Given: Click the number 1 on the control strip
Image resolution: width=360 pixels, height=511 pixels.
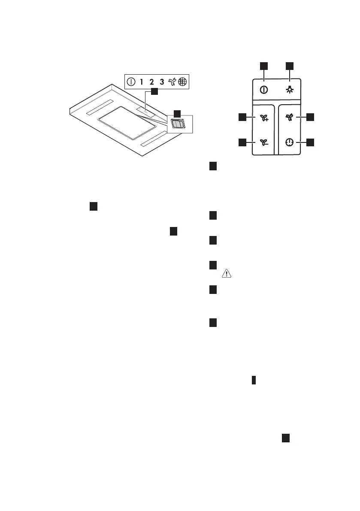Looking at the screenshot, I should click(141, 81).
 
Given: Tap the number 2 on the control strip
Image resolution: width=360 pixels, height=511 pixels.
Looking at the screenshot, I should click(151, 81).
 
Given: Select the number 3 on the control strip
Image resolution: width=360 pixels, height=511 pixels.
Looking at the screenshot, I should click(162, 81).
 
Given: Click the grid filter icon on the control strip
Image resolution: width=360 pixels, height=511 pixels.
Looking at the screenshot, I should click(183, 81).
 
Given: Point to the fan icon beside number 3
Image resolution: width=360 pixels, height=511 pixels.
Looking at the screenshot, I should click(172, 81).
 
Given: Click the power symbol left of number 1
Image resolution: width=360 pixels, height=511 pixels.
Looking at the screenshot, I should click(131, 81).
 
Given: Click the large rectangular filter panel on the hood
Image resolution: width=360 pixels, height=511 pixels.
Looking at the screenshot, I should click(127, 123).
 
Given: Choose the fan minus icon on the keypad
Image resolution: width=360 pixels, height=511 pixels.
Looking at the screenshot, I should click(263, 142).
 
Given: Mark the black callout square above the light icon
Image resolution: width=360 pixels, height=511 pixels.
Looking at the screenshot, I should click(290, 65).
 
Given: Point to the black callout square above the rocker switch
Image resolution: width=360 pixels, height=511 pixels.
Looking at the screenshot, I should click(177, 113).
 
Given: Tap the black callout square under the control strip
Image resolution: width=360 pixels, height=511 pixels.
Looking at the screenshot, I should click(154, 92).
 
